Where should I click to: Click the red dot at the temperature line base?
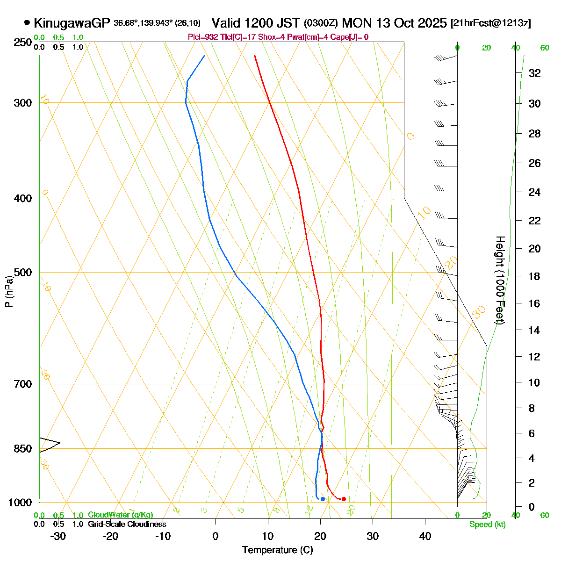click(x=344, y=499)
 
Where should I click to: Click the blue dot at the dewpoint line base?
click(x=323, y=499)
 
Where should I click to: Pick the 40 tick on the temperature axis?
click(x=425, y=536)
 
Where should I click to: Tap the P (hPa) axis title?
click(x=9, y=292)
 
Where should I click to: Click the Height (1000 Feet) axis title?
click(x=500, y=280)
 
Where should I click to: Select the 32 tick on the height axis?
click(x=534, y=73)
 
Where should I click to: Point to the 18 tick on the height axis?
click(x=534, y=276)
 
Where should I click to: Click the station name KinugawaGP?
click(x=72, y=23)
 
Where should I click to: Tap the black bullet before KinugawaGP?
click(x=27, y=22)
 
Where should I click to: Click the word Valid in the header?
click(x=227, y=23)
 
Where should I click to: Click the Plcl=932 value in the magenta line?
click(x=202, y=37)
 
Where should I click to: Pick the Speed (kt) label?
click(x=488, y=525)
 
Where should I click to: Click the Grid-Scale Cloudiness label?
click(x=127, y=524)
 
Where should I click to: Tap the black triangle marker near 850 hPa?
click(x=49, y=444)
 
